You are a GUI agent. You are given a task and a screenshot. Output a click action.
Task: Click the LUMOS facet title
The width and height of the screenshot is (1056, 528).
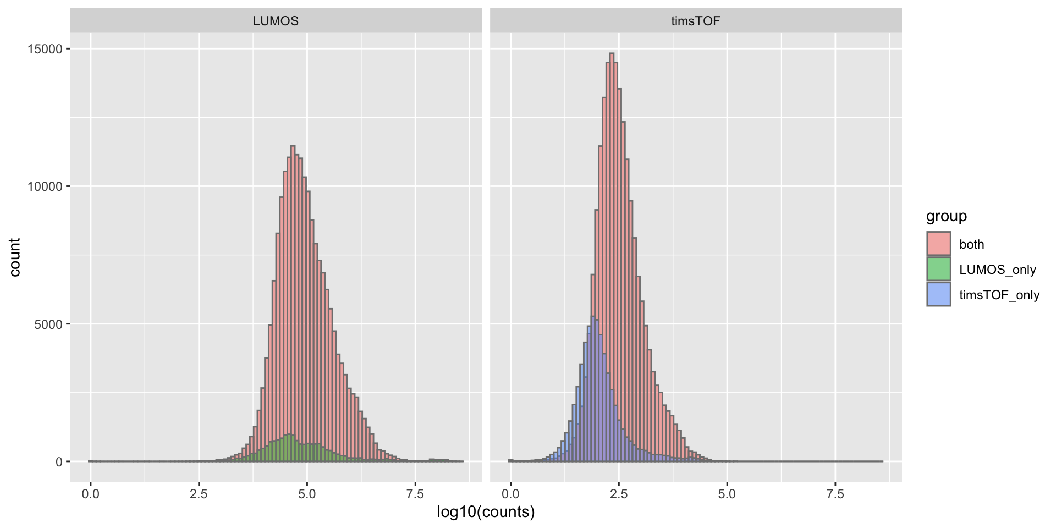click(276, 21)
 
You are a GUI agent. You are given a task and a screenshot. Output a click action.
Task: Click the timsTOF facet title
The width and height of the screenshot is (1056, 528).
click(695, 21)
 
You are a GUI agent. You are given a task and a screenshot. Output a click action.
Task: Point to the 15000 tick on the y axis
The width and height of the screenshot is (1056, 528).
click(45, 49)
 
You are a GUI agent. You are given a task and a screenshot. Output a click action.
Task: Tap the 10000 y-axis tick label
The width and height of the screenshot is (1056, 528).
click(45, 186)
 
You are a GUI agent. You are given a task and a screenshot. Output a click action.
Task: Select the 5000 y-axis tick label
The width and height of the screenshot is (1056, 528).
click(48, 324)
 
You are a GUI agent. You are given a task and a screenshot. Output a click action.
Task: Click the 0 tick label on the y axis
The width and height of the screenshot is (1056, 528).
click(59, 462)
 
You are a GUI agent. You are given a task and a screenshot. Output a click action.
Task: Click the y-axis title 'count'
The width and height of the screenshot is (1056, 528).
click(15, 257)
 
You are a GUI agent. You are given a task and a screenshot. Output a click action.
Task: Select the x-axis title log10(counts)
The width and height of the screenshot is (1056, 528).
click(486, 512)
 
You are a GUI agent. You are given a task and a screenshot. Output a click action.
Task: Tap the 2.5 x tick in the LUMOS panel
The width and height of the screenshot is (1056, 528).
click(199, 494)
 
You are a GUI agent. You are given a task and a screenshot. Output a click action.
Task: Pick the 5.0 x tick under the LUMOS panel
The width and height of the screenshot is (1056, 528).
click(307, 494)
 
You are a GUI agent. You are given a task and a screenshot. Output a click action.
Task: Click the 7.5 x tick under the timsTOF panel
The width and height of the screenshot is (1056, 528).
click(835, 494)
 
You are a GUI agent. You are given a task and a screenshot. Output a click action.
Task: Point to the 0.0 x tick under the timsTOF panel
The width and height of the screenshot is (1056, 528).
click(510, 494)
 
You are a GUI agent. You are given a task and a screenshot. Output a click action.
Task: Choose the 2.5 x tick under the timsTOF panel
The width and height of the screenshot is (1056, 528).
click(619, 494)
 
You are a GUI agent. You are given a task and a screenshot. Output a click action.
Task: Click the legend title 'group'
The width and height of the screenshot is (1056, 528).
click(946, 216)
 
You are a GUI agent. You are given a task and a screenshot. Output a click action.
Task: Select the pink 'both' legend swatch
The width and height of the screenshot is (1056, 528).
click(938, 244)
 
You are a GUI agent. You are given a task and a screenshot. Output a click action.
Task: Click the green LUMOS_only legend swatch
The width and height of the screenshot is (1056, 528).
click(938, 269)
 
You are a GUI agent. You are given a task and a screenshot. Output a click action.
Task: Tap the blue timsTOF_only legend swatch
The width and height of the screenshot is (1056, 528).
click(938, 294)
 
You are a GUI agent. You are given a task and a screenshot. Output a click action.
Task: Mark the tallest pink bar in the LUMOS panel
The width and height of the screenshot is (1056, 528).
click(293, 275)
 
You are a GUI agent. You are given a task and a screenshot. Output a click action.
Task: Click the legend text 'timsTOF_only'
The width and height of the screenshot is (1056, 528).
click(999, 295)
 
